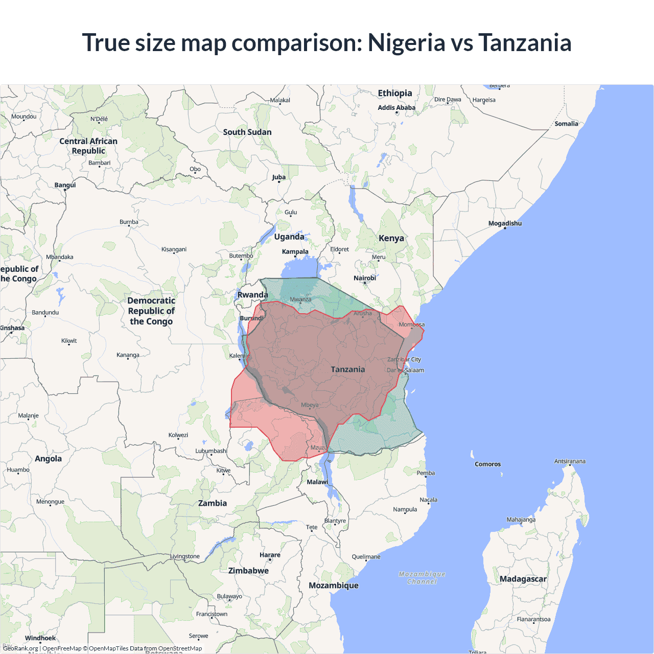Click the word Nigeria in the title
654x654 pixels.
point(406,42)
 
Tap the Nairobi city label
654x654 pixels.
point(365,278)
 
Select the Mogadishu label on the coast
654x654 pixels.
point(505,223)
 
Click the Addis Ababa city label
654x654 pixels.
point(396,107)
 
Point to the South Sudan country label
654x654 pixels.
point(247,132)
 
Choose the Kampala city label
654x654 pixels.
point(295,251)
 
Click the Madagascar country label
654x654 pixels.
point(523,579)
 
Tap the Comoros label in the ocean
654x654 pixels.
point(487,464)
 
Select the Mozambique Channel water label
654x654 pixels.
point(422,578)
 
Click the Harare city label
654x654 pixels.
point(270,555)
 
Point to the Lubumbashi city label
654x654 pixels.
point(211,451)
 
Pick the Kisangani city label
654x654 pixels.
point(174,249)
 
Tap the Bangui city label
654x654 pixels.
point(65,185)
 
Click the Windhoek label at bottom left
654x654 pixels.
point(40,638)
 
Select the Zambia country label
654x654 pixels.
point(213,503)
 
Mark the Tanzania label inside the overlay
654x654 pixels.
point(348,369)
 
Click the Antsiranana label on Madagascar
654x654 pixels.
point(570,461)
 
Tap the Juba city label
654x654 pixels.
point(278,177)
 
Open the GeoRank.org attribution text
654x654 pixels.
point(20,648)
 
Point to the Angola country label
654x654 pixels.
point(48,459)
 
